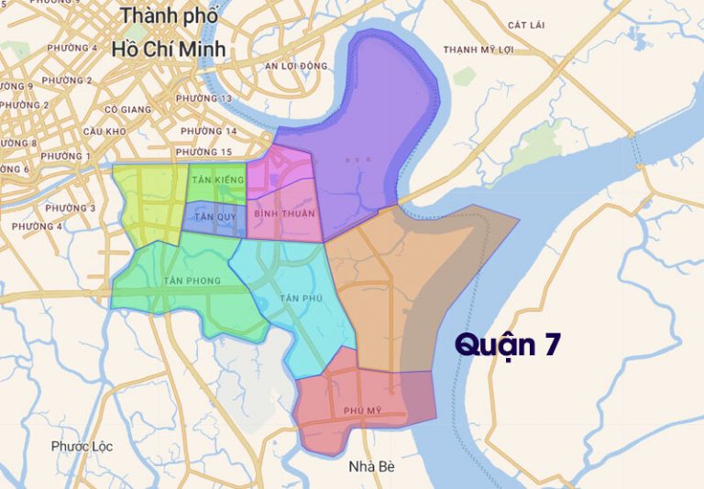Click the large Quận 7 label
point(507,344)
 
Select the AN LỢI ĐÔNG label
point(296,66)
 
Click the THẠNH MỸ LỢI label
point(478,49)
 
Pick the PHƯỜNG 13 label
point(203,99)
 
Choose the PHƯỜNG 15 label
point(203,152)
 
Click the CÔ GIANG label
point(127,110)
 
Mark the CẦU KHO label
point(103,132)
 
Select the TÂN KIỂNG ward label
point(218,180)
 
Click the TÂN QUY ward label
point(215,216)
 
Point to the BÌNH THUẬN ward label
point(285,213)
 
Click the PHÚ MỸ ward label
point(363,409)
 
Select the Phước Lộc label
point(82,446)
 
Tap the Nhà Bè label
point(371,467)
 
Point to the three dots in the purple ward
point(358,159)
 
